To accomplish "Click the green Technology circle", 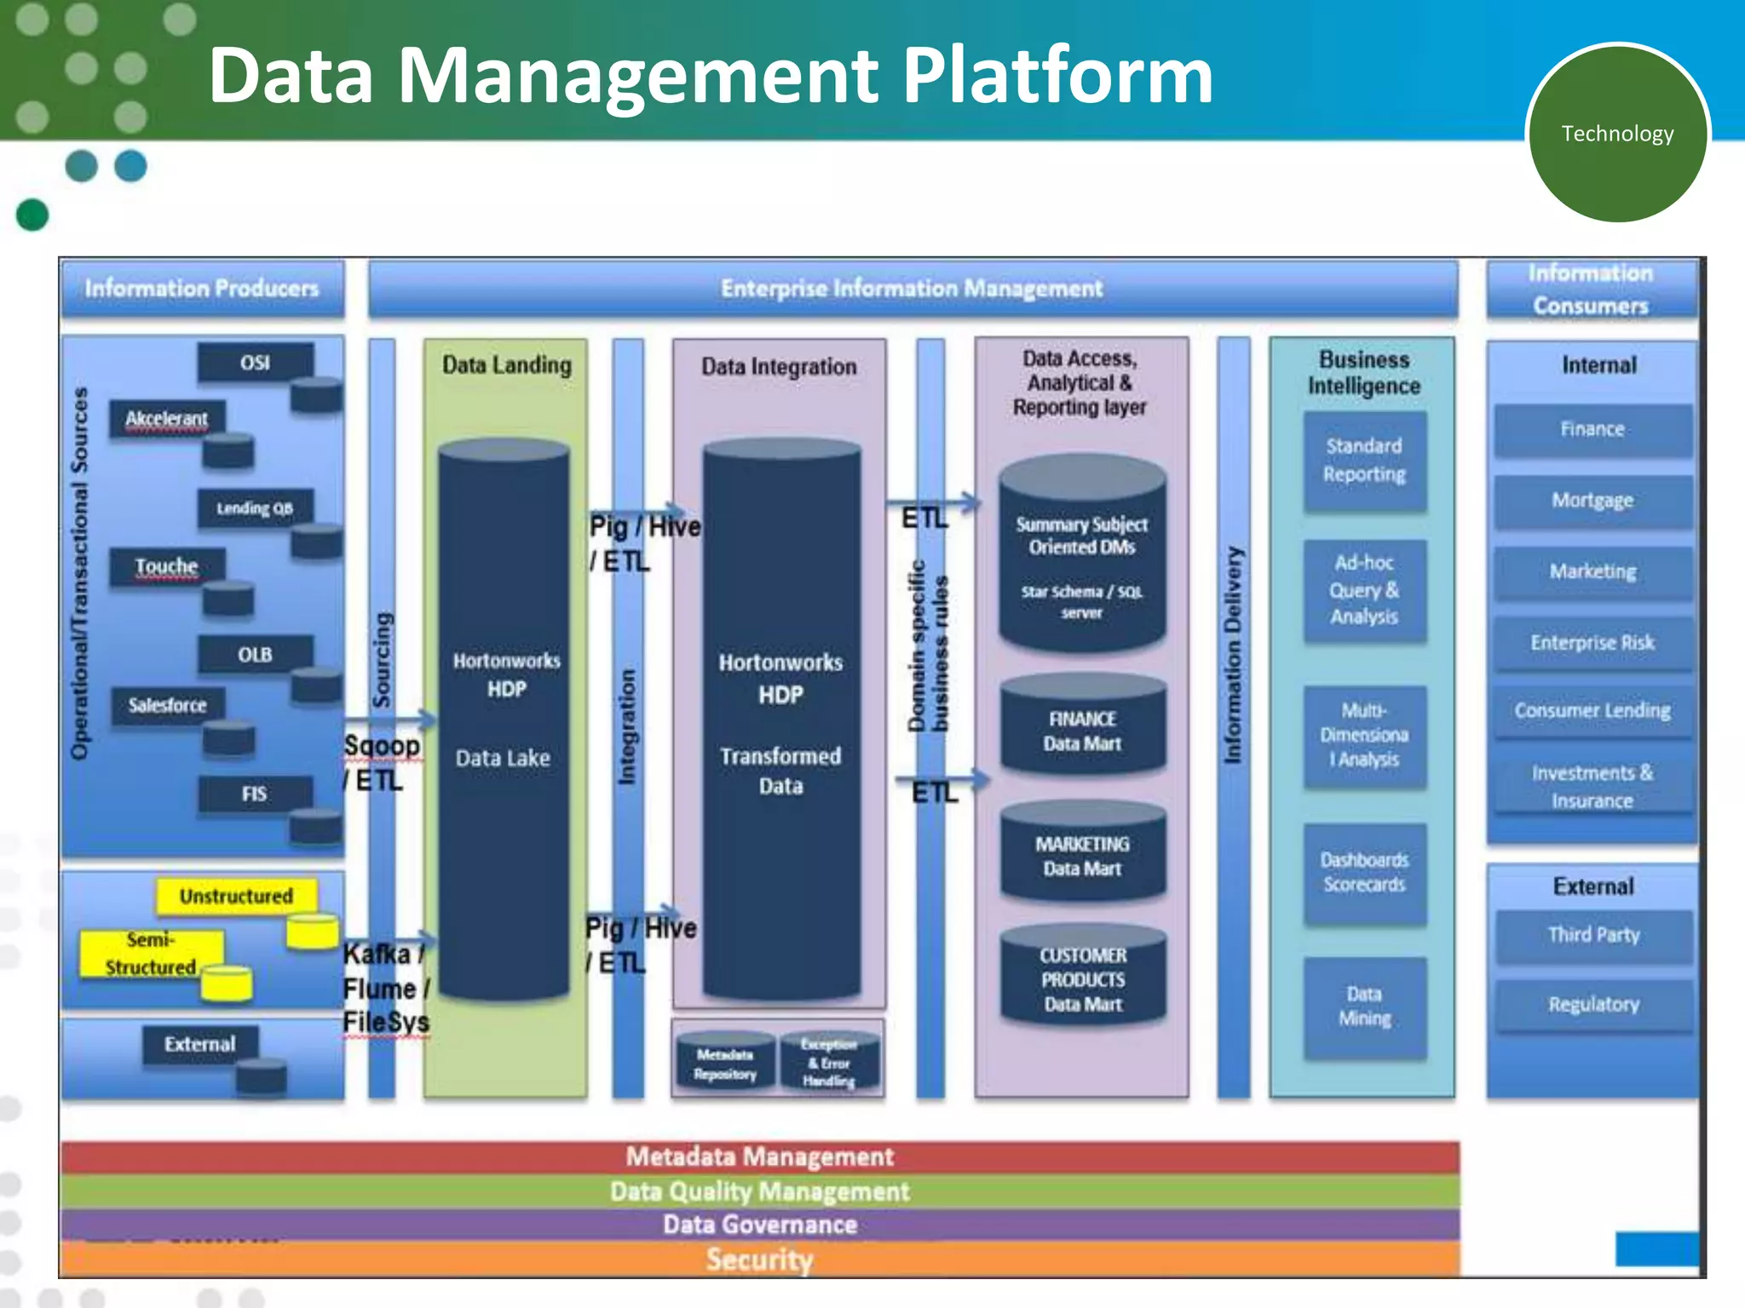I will pos(1616,134).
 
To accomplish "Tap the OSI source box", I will pos(255,363).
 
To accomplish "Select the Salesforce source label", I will pos(167,705).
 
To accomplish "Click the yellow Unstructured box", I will pos(236,896).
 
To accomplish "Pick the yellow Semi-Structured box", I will pos(151,954).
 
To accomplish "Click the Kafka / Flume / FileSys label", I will pos(386,989).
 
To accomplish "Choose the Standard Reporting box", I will pos(1364,461).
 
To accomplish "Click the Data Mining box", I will pos(1364,1007).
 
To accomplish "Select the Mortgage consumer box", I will pos(1592,501).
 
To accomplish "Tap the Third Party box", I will pos(1593,935).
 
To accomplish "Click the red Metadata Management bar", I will pos(759,1156).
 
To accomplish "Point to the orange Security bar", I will pos(759,1259).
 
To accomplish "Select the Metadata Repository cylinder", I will pos(724,1064).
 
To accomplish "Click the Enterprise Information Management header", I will pos(912,289).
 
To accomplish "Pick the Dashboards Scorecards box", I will pos(1364,873).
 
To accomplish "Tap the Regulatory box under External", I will pos(1593,1005).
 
